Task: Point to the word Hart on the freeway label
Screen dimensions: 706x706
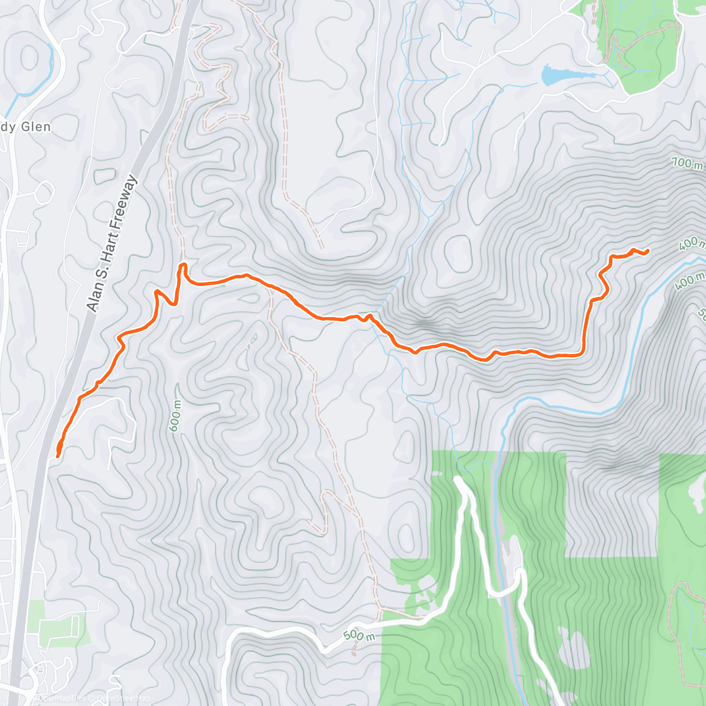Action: [x=108, y=244]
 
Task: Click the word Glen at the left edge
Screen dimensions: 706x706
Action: [x=36, y=127]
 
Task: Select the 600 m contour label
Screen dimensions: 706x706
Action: [x=176, y=416]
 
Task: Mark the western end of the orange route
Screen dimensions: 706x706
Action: [x=58, y=455]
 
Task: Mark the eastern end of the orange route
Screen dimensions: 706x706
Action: [x=647, y=251]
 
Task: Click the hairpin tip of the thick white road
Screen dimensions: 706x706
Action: [x=459, y=481]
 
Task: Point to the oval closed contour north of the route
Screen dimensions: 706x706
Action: [x=457, y=252]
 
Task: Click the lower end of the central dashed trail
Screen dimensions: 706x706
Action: [x=354, y=652]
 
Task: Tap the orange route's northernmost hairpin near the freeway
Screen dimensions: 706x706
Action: [x=182, y=266]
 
